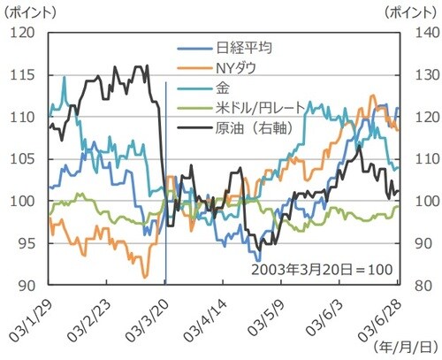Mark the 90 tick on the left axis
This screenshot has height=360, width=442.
click(23, 286)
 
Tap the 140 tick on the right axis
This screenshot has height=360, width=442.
click(419, 33)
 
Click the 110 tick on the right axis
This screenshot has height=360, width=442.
click(419, 159)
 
